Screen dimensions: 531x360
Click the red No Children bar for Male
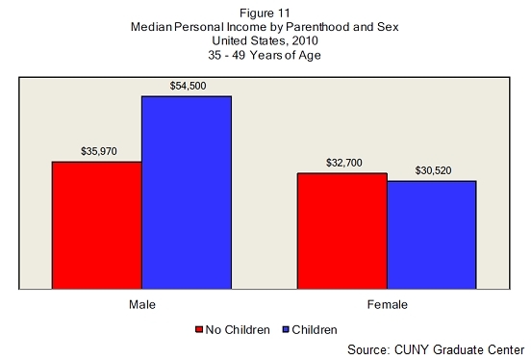(97, 225)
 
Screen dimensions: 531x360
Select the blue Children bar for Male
(187, 193)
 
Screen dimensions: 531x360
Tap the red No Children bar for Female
(342, 231)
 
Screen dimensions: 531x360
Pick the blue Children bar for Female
(432, 235)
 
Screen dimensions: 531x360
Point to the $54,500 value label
(188, 86)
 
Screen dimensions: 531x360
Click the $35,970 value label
(99, 151)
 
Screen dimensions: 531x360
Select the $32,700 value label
(344, 163)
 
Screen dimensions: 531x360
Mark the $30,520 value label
(434, 170)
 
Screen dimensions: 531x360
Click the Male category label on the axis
(142, 304)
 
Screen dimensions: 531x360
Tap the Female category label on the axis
(388, 304)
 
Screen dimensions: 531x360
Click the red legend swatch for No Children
(199, 329)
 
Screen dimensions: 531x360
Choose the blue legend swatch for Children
(286, 329)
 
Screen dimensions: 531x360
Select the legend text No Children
(238, 330)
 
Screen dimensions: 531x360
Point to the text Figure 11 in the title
(265, 13)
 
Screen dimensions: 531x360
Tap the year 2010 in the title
(305, 41)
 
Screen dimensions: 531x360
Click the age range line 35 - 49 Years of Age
(265, 55)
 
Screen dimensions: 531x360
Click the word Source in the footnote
(367, 349)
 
